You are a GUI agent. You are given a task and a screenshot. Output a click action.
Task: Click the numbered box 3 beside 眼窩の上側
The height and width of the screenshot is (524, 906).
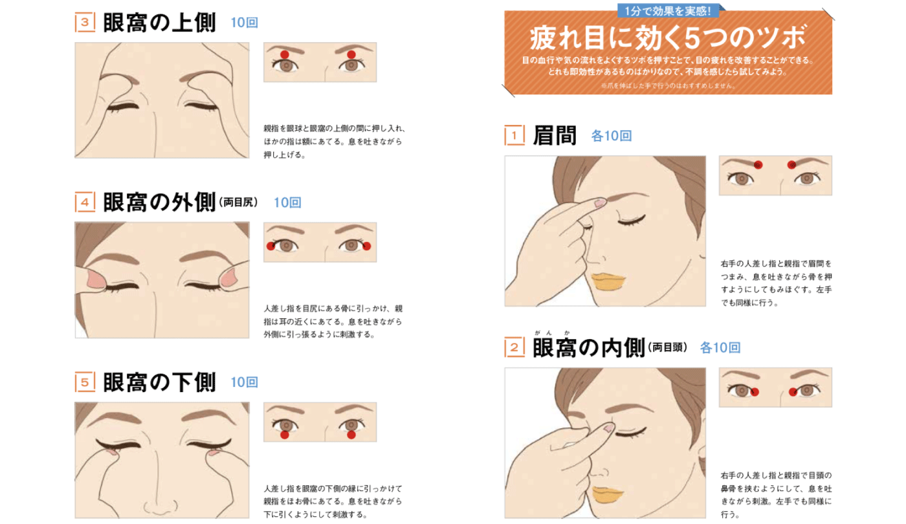(85, 23)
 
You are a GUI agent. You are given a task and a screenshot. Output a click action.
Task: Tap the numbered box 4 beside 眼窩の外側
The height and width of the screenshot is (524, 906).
(85, 202)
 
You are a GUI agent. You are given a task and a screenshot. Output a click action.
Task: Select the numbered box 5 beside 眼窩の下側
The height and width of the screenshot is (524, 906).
(85, 382)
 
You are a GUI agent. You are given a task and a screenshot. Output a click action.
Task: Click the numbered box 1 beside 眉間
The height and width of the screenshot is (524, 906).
(515, 136)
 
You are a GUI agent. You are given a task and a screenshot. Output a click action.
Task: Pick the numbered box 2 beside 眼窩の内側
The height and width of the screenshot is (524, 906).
(515, 347)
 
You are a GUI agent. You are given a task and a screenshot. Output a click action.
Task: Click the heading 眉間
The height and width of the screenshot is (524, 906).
(554, 136)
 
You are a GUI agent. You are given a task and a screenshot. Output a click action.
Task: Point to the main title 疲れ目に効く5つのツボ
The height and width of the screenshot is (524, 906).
(668, 38)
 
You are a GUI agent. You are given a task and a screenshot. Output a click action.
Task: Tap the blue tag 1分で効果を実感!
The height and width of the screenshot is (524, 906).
(668, 10)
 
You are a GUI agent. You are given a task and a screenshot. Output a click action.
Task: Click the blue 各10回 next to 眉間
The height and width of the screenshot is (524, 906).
(611, 136)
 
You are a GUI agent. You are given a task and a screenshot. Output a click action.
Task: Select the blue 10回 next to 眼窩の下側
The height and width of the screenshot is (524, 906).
(245, 382)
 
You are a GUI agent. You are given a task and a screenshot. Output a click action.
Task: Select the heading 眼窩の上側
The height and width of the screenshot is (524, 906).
(159, 23)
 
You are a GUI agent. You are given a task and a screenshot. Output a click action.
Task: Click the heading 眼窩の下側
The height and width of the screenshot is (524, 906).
(159, 382)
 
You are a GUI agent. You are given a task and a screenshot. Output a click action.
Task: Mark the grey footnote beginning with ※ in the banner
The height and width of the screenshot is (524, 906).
(668, 85)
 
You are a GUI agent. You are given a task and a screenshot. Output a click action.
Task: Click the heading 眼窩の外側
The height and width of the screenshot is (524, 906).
(159, 202)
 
